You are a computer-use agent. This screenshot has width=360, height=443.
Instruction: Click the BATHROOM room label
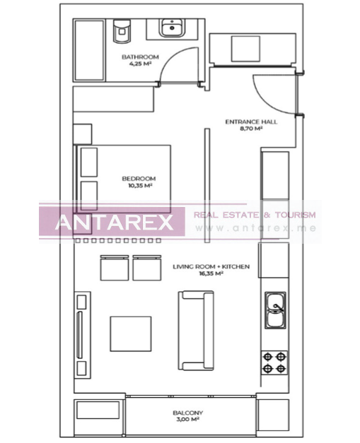click(x=140, y=57)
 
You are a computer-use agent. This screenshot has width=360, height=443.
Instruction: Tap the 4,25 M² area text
click(x=140, y=64)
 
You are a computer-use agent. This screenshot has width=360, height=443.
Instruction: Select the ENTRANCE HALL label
click(x=251, y=122)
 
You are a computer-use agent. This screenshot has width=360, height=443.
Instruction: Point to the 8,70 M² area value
click(x=251, y=129)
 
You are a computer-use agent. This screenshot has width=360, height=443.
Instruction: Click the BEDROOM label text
click(x=139, y=179)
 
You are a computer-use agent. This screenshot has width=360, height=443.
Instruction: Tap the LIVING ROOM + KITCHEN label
click(x=211, y=266)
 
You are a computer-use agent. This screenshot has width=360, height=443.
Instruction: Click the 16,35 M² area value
click(x=211, y=273)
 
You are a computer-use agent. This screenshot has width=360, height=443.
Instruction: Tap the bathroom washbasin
click(x=170, y=28)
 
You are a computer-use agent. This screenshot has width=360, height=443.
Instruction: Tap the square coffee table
click(x=130, y=333)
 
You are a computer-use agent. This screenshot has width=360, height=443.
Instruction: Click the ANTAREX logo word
click(x=114, y=223)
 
